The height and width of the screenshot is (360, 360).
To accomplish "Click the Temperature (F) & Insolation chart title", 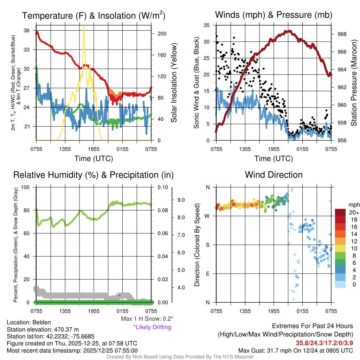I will pos(94,15).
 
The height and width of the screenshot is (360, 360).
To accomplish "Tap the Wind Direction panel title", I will pos(274,175).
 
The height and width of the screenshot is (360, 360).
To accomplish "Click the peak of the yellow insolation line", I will pos(83,26).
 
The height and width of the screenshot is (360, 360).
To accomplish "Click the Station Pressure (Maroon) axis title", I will pos(354,83).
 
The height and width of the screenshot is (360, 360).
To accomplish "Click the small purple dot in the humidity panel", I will pos(120,295).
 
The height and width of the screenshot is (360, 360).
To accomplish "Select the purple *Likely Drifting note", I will pos(152,327).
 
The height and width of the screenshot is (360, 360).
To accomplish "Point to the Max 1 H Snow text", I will pos(147,319).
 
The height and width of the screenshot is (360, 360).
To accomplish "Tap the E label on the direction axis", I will pos(207,274).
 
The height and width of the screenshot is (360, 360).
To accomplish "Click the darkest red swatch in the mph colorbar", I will pos(340,212).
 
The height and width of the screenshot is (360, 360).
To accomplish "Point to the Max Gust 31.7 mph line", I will pos(295,350).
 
